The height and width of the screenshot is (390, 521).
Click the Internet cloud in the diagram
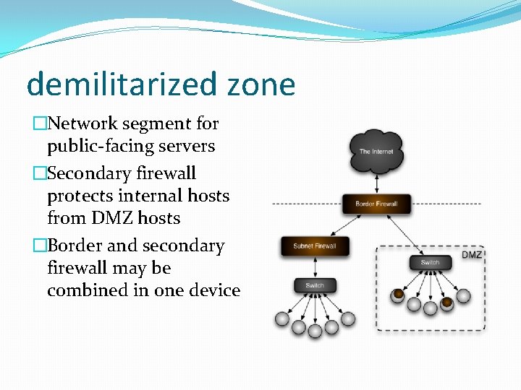pyautogui.click(x=376, y=151)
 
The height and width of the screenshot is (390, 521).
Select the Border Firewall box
pyautogui.click(x=376, y=204)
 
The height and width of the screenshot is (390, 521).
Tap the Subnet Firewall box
pyautogui.click(x=315, y=246)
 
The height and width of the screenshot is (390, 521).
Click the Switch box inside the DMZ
pyautogui.click(x=430, y=262)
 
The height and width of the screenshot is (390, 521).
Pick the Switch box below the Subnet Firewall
pyautogui.click(x=315, y=286)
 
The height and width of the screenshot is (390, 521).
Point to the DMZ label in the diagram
pyautogui.click(x=471, y=255)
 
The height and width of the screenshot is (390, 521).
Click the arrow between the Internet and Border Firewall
pyautogui.click(x=376, y=183)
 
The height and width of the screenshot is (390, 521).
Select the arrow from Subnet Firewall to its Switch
pyautogui.click(x=315, y=266)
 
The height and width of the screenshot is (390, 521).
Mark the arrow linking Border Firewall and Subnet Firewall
pyautogui.click(x=346, y=225)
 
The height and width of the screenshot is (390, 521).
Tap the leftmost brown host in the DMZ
pyautogui.click(x=398, y=295)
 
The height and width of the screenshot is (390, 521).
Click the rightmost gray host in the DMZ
pyautogui.click(x=463, y=295)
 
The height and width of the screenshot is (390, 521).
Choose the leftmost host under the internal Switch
pyautogui.click(x=282, y=318)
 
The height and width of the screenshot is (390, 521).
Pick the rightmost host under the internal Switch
pyautogui.click(x=348, y=318)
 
